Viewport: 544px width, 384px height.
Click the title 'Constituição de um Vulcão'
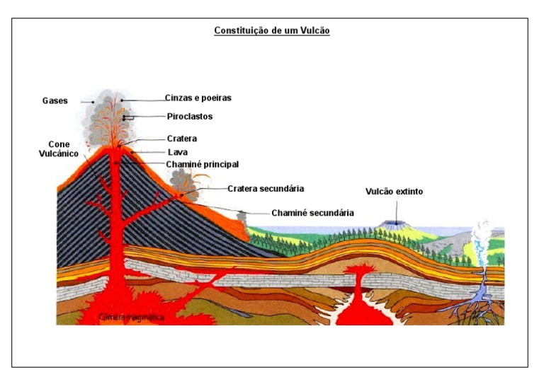pyautogui.click(x=272, y=31)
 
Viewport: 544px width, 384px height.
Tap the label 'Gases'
pyautogui.click(x=55, y=101)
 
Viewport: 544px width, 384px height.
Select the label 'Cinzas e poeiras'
pyautogui.click(x=198, y=98)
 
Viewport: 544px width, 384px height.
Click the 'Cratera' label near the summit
pyautogui.click(x=181, y=139)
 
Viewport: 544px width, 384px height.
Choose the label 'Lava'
pyautogui.click(x=177, y=151)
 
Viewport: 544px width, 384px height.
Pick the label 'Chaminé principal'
pyautogui.click(x=202, y=163)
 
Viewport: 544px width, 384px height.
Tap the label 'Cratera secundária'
pyautogui.click(x=266, y=189)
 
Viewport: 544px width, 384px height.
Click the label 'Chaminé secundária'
pyautogui.click(x=312, y=212)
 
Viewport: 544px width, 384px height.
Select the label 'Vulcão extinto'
pyautogui.click(x=395, y=191)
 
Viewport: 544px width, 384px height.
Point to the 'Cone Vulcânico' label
pyautogui.click(x=54, y=148)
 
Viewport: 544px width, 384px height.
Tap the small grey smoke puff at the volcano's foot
pyautogui.click(x=243, y=216)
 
